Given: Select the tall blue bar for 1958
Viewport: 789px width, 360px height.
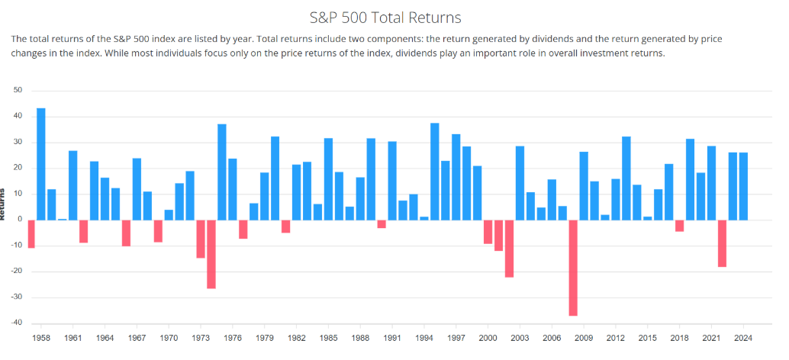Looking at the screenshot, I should (x=41, y=164).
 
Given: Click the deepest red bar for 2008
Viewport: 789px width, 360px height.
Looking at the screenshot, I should (x=573, y=268).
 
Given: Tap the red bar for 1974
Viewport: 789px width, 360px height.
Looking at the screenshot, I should (x=211, y=254).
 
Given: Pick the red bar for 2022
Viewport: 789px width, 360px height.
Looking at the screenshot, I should (x=722, y=243).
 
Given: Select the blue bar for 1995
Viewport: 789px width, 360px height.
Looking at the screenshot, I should (x=435, y=172).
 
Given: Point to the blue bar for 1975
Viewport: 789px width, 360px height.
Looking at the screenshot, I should (x=222, y=172).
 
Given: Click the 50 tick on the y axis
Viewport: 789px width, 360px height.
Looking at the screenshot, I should (x=18, y=91).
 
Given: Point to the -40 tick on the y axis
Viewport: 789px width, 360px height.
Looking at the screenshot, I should (x=17, y=323).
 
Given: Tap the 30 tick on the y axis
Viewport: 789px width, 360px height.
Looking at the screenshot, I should (x=18, y=143).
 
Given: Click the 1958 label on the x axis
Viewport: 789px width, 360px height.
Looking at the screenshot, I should (x=41, y=336).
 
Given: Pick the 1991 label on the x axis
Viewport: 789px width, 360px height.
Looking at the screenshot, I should (x=392, y=336).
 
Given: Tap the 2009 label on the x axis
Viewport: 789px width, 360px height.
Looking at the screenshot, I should (x=584, y=336).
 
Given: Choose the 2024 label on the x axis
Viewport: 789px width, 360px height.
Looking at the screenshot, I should (x=743, y=336).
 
